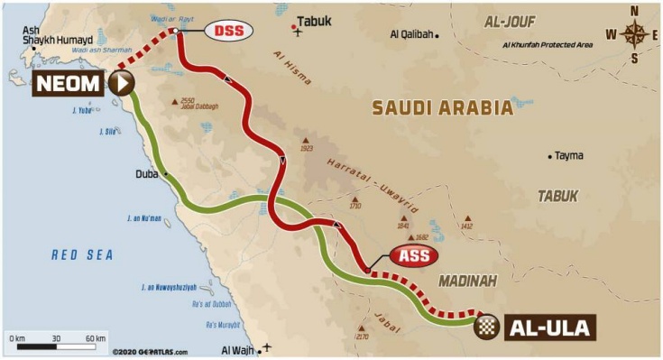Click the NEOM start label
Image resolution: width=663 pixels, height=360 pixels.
click(x=72, y=84)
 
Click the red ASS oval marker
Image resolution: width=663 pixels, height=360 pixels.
click(x=413, y=255)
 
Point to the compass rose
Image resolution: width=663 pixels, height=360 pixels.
click(x=634, y=35)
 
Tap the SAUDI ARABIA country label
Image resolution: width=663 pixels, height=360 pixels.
click(x=443, y=107)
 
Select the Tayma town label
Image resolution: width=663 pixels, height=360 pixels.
click(x=568, y=155)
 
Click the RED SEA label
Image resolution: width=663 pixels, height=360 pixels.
click(x=82, y=255)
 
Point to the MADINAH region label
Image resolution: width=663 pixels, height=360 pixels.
click(x=468, y=282)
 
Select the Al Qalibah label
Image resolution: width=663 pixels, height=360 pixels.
click(x=410, y=35)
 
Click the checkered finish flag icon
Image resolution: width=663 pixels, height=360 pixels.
click(x=487, y=326)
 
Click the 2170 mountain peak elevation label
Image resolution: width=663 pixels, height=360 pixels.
click(x=363, y=337)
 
